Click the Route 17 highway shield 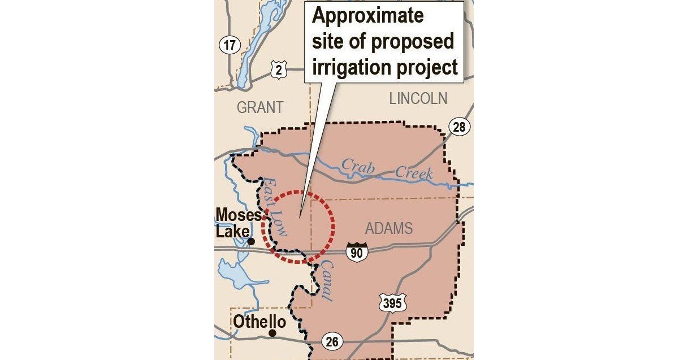pos(229,45)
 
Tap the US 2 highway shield pos(279,70)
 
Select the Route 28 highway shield pos(459,127)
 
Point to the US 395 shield pos(391,303)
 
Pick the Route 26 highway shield pos(332,341)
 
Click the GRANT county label pos(260,107)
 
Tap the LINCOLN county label pos(418,98)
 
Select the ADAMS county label pos(389,228)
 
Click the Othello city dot pos(272,333)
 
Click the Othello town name pos(259,321)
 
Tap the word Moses pos(239,215)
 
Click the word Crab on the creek pos(358,167)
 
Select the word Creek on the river pos(414,172)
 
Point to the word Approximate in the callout pos(367,15)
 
